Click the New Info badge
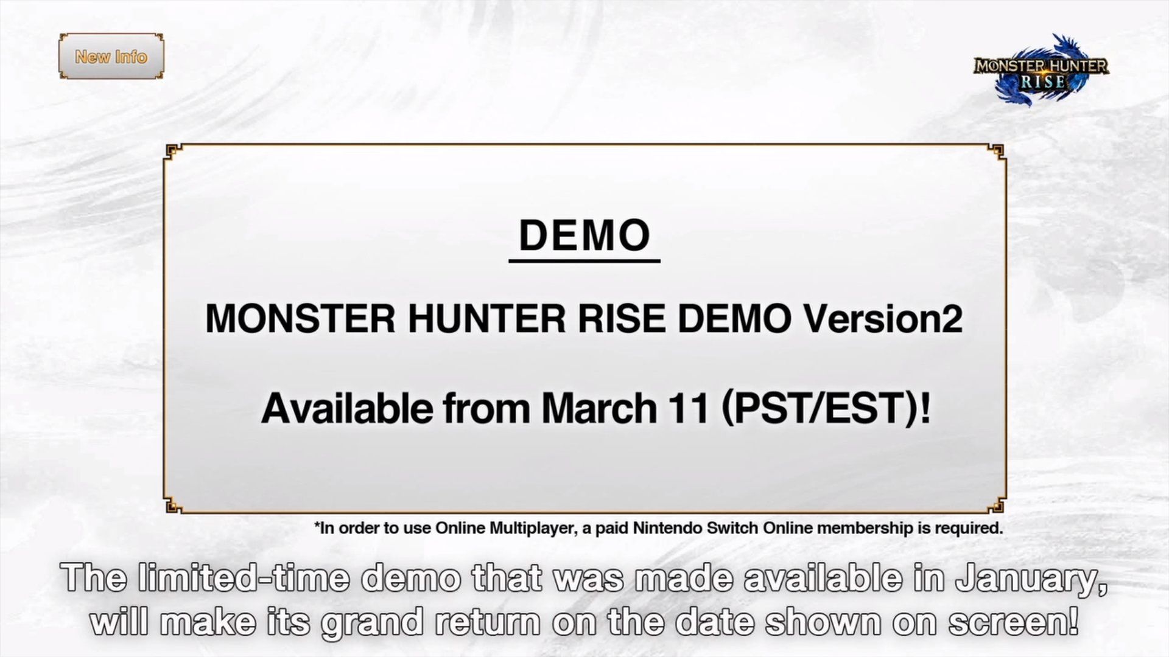pos(111,57)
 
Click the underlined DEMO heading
pos(584,235)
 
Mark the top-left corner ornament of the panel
pos(172,151)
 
